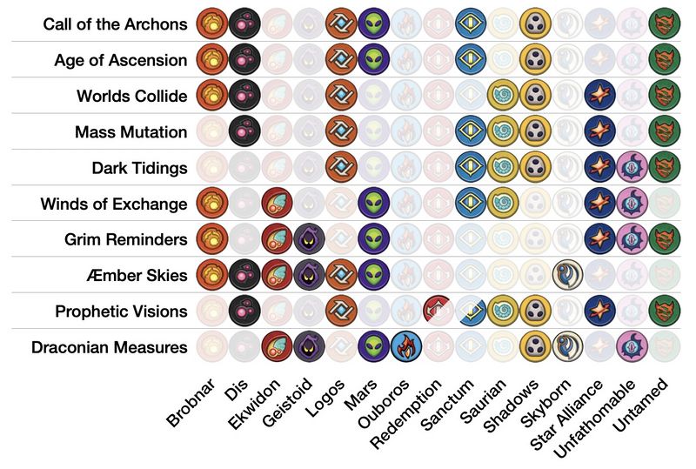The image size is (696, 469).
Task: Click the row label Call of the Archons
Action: click(115, 24)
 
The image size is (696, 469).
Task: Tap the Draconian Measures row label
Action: click(109, 347)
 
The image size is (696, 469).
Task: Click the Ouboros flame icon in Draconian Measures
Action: click(406, 346)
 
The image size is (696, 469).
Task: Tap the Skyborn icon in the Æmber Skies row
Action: click(568, 274)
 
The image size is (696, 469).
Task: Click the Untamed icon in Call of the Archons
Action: click(665, 24)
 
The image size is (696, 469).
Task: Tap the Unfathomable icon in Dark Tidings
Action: click(632, 167)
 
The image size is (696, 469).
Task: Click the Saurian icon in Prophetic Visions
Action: click(503, 311)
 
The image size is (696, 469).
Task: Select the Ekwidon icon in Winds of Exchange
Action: click(277, 204)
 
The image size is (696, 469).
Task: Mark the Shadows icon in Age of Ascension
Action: click(535, 60)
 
